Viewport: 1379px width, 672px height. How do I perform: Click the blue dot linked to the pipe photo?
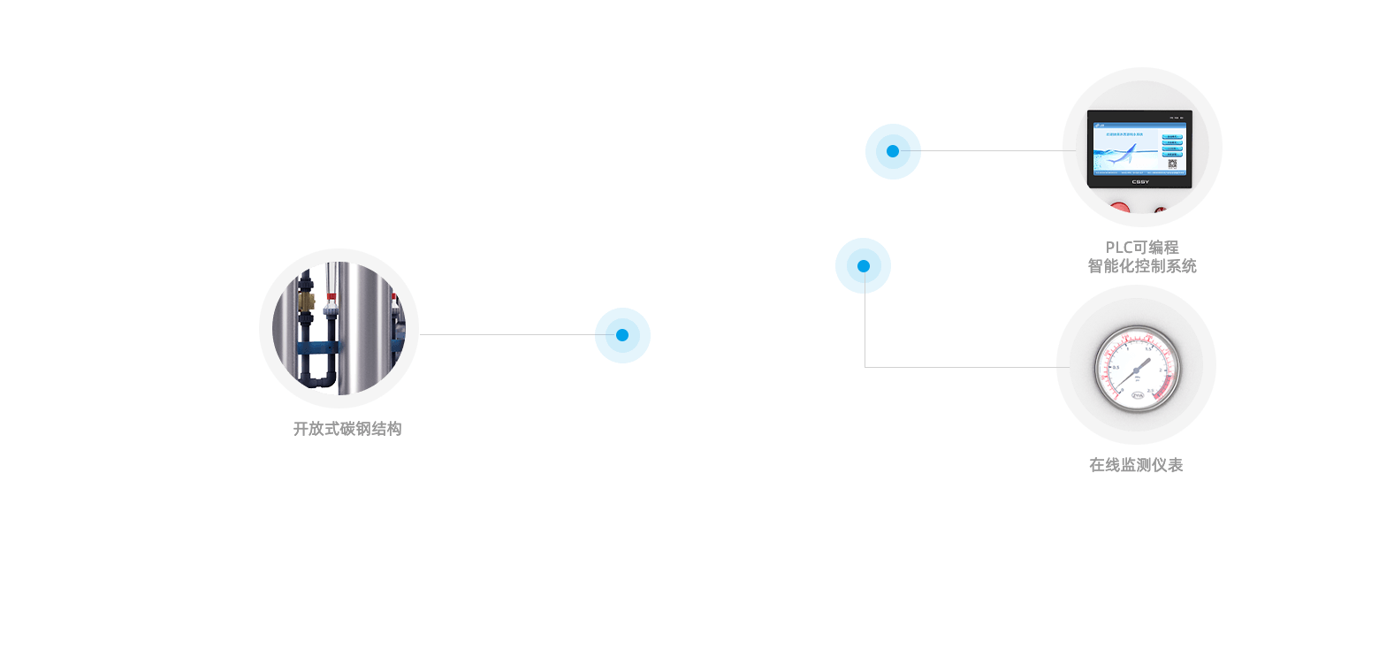[622, 335]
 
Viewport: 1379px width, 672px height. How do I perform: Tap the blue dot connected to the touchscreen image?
[893, 151]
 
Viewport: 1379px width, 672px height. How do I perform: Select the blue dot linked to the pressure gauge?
[863, 265]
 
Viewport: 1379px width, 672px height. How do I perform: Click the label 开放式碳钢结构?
[347, 429]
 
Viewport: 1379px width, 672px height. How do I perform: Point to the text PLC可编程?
[1142, 248]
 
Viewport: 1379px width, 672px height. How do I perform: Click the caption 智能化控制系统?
[1142, 266]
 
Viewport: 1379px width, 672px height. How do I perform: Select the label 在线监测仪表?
[1136, 465]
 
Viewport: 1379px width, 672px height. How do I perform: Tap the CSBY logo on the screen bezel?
[1139, 182]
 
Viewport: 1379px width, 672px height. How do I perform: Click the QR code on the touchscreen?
[1172, 164]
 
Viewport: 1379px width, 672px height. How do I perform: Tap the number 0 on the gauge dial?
[1122, 389]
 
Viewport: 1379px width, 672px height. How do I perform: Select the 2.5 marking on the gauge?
[1151, 389]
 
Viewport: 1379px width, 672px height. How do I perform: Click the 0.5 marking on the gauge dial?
[1115, 367]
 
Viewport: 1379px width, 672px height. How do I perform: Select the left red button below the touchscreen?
[1119, 209]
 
